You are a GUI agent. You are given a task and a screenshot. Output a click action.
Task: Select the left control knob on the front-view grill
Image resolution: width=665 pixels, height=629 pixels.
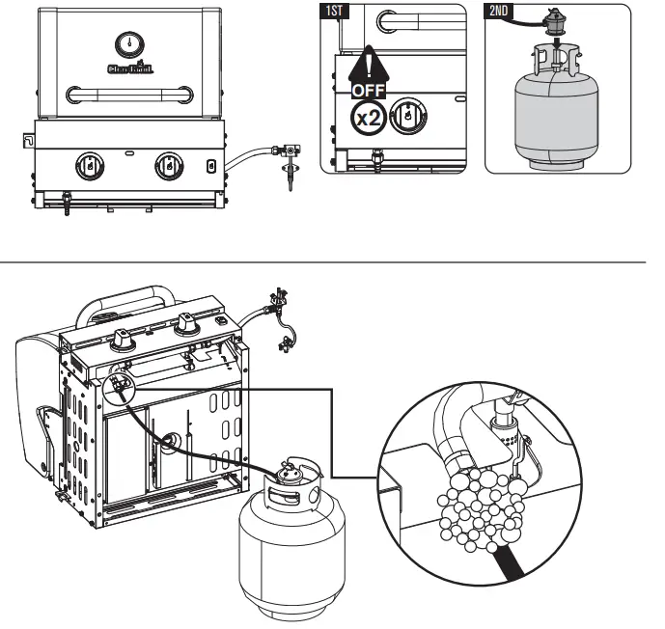click(x=90, y=165)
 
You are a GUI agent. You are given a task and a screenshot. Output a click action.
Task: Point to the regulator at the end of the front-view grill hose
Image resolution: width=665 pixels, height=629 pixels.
click(x=287, y=154)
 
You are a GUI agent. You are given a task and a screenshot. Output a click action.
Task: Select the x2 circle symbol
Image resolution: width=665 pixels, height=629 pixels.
click(x=368, y=118)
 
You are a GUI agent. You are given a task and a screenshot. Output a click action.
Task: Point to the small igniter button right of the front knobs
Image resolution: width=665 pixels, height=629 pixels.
click(x=211, y=165)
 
